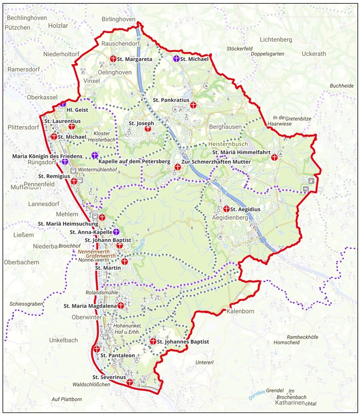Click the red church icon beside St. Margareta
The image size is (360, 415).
[113, 59]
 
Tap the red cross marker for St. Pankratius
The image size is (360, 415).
[194, 105]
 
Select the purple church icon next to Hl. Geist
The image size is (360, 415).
[63, 105]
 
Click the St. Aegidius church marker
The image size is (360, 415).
[226, 209]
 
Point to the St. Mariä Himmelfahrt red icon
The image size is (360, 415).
[274, 157]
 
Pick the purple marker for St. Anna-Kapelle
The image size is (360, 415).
[117, 231]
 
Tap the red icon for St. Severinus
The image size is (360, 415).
[129, 382]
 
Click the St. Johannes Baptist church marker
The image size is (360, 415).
[153, 342]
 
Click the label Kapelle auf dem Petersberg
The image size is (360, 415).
[134, 161]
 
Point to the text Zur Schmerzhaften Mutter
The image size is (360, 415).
[216, 161]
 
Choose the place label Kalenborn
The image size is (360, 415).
[241, 312]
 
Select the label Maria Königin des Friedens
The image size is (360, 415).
[48, 156]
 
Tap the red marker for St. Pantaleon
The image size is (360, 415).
[97, 349]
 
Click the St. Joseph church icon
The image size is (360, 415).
[148, 128]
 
